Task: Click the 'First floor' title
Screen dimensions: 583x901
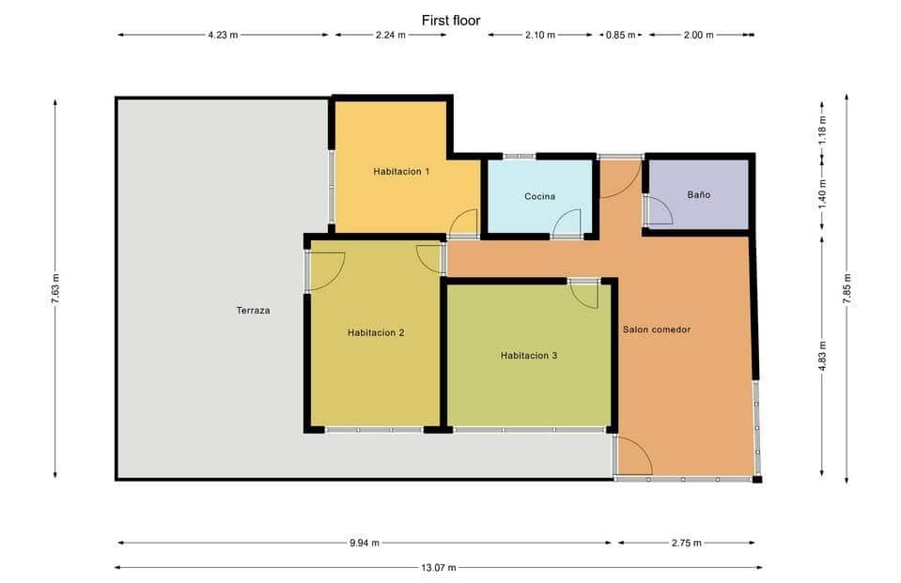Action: point(451,19)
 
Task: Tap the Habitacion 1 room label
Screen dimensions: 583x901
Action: point(401,171)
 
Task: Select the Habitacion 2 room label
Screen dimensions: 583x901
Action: point(376,332)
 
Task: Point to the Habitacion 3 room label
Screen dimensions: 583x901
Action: point(529,355)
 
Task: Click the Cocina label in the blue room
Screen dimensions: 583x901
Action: point(539,196)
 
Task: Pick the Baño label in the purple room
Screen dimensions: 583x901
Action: point(698,195)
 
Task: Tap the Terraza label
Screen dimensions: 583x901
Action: point(254,310)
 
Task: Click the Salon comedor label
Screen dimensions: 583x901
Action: point(657,330)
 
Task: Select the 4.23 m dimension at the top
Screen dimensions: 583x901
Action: point(223,35)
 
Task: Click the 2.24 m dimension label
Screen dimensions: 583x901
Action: point(390,35)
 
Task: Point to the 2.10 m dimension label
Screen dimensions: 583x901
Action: point(540,35)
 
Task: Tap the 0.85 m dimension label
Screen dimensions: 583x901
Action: point(620,35)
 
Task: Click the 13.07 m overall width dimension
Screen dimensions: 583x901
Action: point(438,567)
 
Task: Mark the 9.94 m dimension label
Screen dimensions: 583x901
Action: point(364,543)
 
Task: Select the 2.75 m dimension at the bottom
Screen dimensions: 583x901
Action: point(686,543)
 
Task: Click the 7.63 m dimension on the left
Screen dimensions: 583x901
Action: point(55,287)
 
